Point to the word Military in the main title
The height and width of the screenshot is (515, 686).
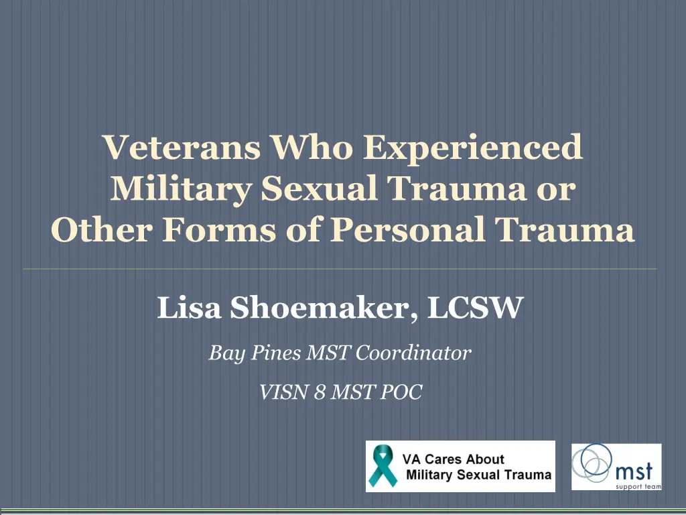coord(178,190)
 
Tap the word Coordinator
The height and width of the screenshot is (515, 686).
coord(413,352)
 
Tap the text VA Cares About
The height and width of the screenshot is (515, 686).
coord(453,459)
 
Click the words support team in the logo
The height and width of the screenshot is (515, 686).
coord(637,485)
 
